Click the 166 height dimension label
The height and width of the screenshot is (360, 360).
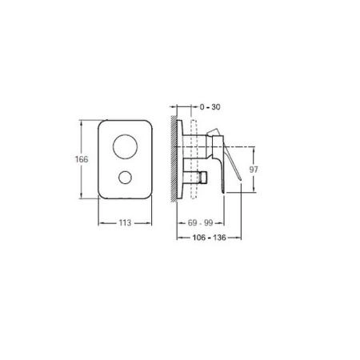[82, 159]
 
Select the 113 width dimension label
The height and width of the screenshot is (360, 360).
[125, 222]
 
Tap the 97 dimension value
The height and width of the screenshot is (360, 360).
[254, 170]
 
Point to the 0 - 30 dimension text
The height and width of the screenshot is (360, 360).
[210, 107]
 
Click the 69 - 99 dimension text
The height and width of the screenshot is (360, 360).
[201, 222]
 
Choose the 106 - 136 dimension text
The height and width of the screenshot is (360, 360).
[209, 238]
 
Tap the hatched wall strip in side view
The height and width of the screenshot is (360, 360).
[174, 158]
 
